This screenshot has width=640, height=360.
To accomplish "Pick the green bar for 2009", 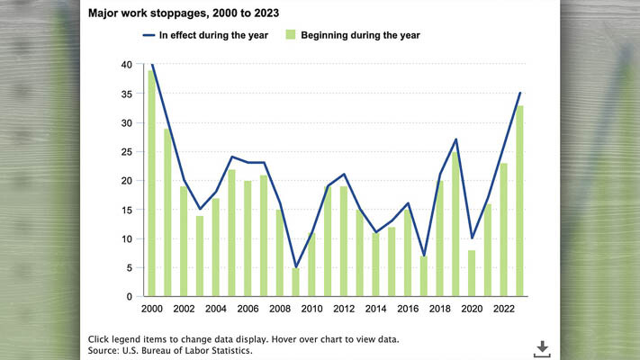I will [296, 282].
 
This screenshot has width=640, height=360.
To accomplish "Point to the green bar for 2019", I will [455, 224].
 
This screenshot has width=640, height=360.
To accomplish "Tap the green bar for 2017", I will [424, 276].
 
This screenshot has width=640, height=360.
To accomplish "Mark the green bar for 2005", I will [231, 233].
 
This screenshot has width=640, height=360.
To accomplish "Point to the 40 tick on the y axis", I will [127, 65].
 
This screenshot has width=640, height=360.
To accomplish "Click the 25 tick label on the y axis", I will [127, 152].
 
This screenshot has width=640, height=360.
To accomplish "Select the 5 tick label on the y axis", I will [130, 267].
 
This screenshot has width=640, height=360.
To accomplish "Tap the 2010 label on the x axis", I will [311, 310].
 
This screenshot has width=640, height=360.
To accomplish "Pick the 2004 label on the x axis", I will [215, 310].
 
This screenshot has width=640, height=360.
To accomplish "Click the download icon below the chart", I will [543, 347].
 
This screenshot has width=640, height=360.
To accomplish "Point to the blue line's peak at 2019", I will [455, 139].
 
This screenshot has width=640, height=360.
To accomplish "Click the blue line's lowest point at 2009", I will [296, 267].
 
